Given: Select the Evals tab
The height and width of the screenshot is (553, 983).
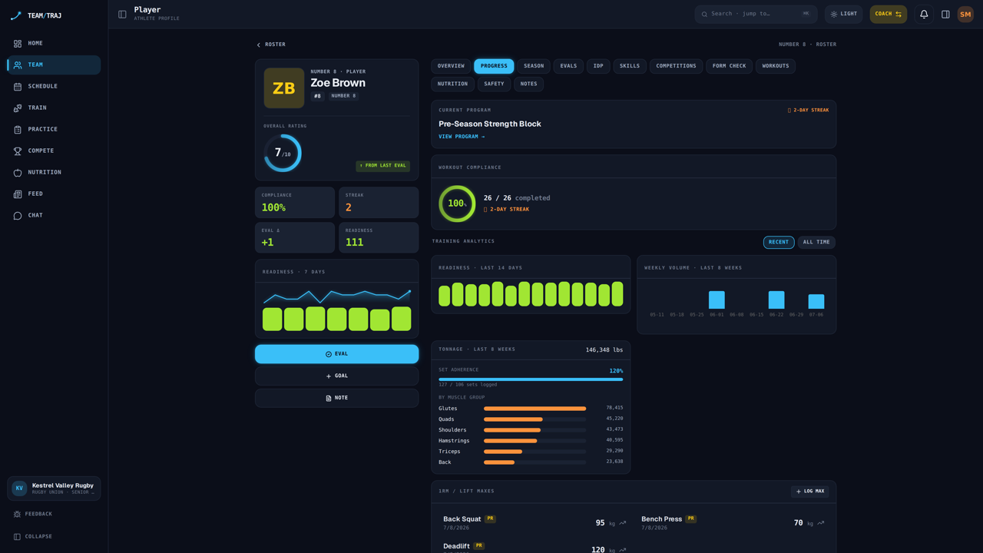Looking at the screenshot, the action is [x=568, y=66].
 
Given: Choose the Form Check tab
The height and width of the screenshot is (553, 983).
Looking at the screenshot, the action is [x=729, y=66].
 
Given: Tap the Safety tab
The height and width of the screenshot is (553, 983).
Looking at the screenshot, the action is [x=494, y=84].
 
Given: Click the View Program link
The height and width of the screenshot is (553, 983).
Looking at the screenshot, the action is [x=462, y=137].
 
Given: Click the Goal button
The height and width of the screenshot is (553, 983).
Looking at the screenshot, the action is [x=336, y=376].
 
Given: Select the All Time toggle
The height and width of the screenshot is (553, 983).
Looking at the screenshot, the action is [x=816, y=242].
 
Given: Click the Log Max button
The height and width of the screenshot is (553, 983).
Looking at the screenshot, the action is [x=810, y=491].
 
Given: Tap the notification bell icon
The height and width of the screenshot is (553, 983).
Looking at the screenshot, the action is [x=924, y=14].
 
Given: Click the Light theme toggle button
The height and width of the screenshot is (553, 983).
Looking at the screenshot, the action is [x=843, y=14].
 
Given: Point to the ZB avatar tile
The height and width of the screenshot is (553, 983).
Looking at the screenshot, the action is [x=284, y=88].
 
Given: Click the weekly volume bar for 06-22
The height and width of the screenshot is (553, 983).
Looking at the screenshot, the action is [x=776, y=300].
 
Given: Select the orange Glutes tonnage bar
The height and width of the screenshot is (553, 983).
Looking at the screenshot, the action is [x=535, y=409].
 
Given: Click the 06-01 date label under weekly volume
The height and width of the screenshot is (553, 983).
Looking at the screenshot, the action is [x=717, y=315].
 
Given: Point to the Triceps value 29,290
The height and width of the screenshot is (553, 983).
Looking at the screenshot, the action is [x=614, y=451].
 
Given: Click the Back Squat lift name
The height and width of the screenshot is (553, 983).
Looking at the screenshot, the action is [x=462, y=519].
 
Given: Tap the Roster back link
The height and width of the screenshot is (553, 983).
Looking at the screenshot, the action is [x=271, y=45].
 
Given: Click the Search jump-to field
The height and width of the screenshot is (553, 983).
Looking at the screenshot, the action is [x=756, y=14].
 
